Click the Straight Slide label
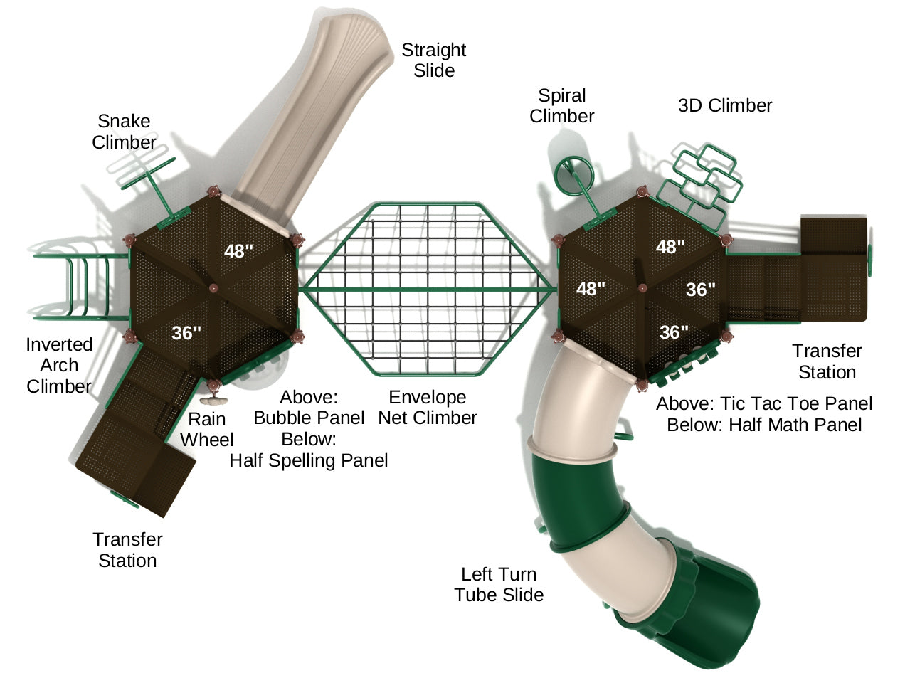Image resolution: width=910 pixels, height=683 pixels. [433, 60]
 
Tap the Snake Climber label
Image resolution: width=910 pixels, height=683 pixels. [124, 132]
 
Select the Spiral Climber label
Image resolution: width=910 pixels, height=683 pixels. [561, 106]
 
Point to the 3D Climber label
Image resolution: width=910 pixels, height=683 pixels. [724, 106]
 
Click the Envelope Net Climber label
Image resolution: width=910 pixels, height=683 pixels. [427, 408]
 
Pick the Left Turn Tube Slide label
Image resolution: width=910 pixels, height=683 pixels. [499, 585]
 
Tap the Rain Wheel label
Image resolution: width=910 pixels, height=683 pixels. [206, 430]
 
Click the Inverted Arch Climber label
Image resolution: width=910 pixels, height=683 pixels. [59, 365]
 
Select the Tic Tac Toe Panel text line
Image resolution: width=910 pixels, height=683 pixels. [763, 404]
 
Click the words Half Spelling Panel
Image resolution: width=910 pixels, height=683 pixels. [309, 461]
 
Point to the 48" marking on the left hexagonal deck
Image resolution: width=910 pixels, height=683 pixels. [238, 251]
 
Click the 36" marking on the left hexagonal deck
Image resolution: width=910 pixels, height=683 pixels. [186, 333]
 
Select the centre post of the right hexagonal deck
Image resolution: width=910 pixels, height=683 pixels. [642, 287]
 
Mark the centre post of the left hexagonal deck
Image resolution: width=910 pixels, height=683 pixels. [213, 288]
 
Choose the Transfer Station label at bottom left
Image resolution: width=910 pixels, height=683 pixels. [127, 550]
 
